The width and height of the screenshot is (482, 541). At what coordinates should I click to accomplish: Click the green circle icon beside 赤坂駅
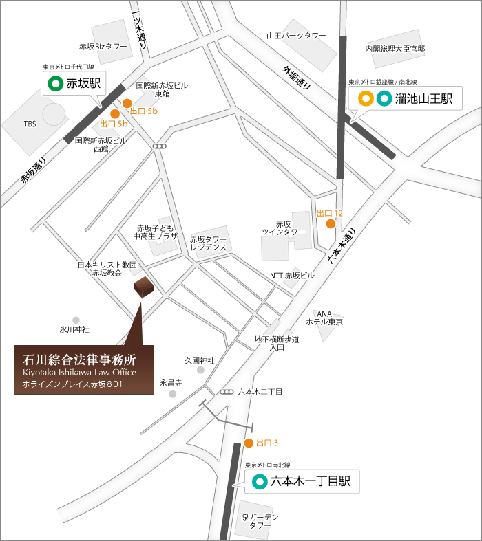point(54,85)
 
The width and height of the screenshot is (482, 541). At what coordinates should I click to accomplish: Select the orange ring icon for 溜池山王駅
point(367,99)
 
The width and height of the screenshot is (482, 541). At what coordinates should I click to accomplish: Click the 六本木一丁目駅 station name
point(311,482)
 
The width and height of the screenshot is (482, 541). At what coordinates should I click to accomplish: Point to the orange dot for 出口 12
point(331,223)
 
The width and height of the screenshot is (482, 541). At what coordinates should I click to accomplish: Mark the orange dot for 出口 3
point(249,443)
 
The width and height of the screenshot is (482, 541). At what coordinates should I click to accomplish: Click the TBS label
point(30,124)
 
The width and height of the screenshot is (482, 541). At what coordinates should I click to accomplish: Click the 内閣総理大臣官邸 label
point(395,49)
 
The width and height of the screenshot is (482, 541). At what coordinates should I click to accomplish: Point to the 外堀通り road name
point(297,80)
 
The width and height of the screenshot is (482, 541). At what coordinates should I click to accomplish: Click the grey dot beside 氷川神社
point(76,320)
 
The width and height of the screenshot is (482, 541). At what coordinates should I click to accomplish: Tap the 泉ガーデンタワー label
point(260,521)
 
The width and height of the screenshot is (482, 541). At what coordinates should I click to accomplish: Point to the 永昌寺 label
point(170,383)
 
